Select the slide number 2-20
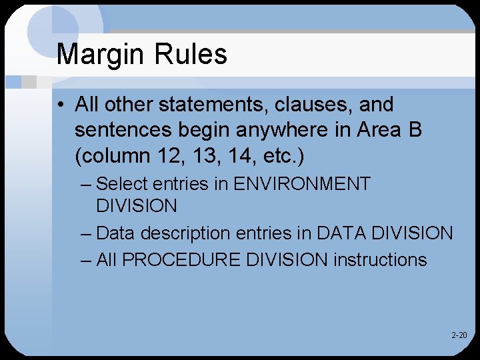[459, 335]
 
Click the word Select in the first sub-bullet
[121, 184]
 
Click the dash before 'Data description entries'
[85, 233]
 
